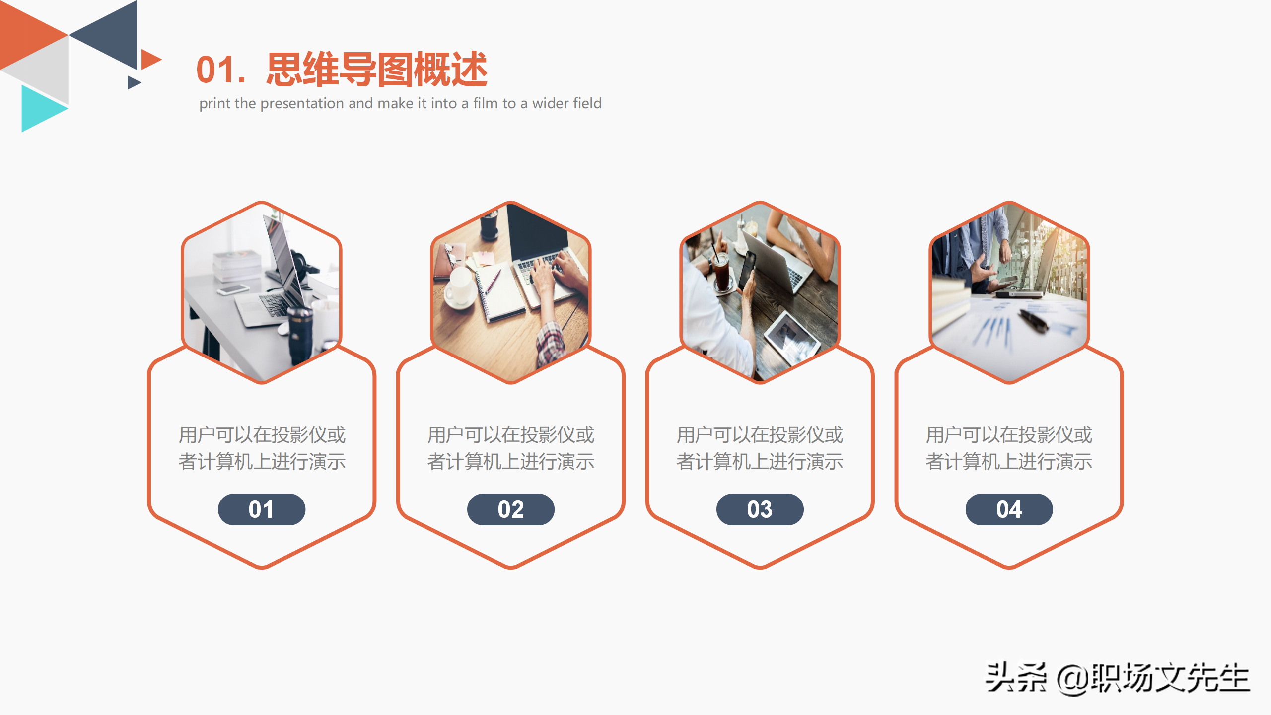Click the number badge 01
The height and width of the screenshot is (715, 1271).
(261, 509)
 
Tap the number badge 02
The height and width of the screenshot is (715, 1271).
(510, 509)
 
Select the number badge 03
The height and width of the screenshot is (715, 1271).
(760, 509)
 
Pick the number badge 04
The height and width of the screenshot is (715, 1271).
(1009, 509)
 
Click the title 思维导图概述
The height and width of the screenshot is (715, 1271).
(377, 70)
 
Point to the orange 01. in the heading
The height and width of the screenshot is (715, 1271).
(220, 71)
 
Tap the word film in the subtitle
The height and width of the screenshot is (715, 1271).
(486, 103)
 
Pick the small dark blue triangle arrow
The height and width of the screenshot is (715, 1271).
(133, 82)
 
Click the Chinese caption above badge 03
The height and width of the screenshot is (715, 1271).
(760, 448)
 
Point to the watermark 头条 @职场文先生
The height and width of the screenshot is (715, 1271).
(1117, 678)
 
